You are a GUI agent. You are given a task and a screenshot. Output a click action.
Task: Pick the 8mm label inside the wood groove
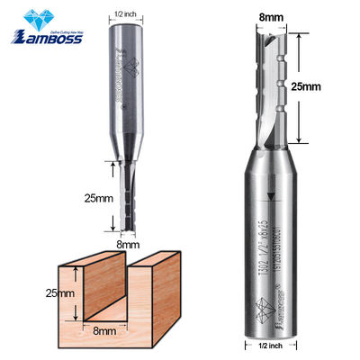(x=110, y=331)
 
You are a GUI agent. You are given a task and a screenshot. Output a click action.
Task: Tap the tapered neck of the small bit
(x=126, y=148)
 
